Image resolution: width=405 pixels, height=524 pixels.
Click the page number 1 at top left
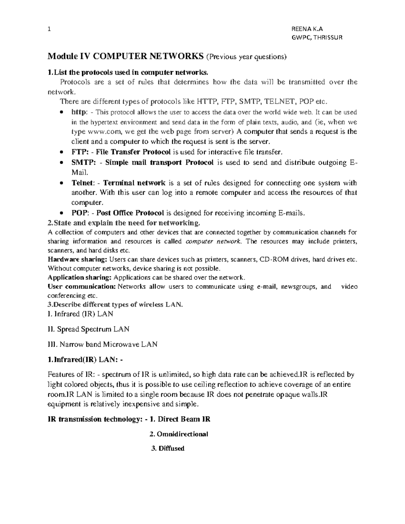[x=49, y=29]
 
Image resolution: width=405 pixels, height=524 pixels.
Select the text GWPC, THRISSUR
[x=317, y=37]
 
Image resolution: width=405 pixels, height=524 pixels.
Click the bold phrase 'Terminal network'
[x=134, y=183]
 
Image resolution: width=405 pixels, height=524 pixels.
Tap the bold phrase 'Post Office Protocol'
[x=130, y=213]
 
